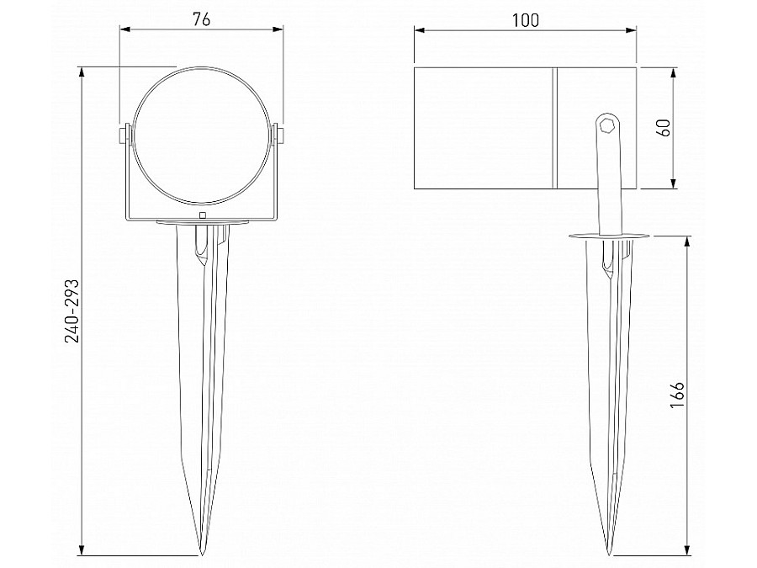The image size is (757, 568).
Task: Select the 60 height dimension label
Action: pyautogui.click(x=663, y=128)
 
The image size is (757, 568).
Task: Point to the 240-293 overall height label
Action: pyautogui.click(x=71, y=310)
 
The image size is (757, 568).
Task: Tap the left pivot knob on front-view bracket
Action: pyautogui.click(x=124, y=135)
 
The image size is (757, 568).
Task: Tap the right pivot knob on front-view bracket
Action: pyautogui.click(x=279, y=135)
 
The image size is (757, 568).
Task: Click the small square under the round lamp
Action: pyautogui.click(x=202, y=215)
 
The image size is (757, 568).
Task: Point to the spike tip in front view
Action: pyautogui.click(x=202, y=554)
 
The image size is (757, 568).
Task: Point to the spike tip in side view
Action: pyautogui.click(x=610, y=554)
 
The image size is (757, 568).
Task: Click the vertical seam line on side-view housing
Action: pyautogui.click(x=555, y=128)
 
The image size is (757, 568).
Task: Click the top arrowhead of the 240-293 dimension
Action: pyautogui.click(x=82, y=71)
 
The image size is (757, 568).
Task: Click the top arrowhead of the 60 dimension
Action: pyautogui.click(x=673, y=71)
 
